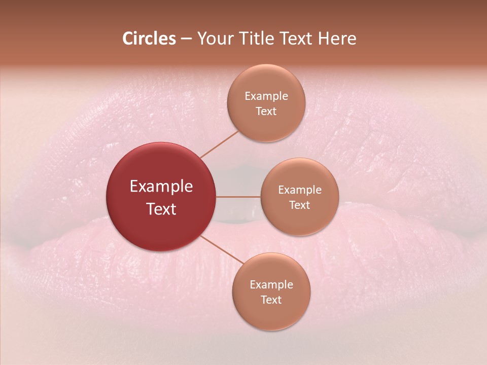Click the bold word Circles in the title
[x=149, y=39]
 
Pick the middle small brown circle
[x=299, y=218]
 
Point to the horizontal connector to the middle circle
[x=238, y=197]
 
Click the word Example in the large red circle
[x=161, y=187]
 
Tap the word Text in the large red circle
[x=161, y=209]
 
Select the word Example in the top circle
[x=266, y=96]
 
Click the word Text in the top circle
[x=266, y=112]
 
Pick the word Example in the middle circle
[x=299, y=190]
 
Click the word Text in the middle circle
[x=299, y=205]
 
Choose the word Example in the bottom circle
[x=271, y=285]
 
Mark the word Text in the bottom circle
[x=271, y=300]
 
